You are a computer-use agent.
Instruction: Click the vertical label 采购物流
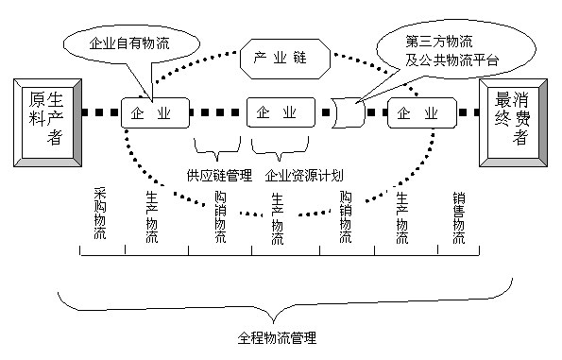(x=100, y=216)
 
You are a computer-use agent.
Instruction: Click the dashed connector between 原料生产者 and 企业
(x=98, y=113)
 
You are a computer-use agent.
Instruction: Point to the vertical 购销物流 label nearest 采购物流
(x=220, y=218)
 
